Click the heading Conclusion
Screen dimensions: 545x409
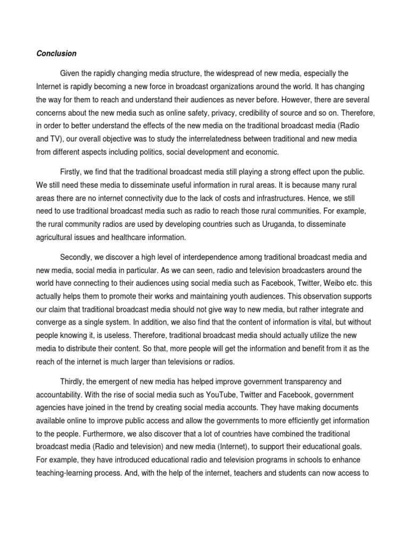tap(56, 54)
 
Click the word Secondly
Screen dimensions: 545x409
tap(77, 257)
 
